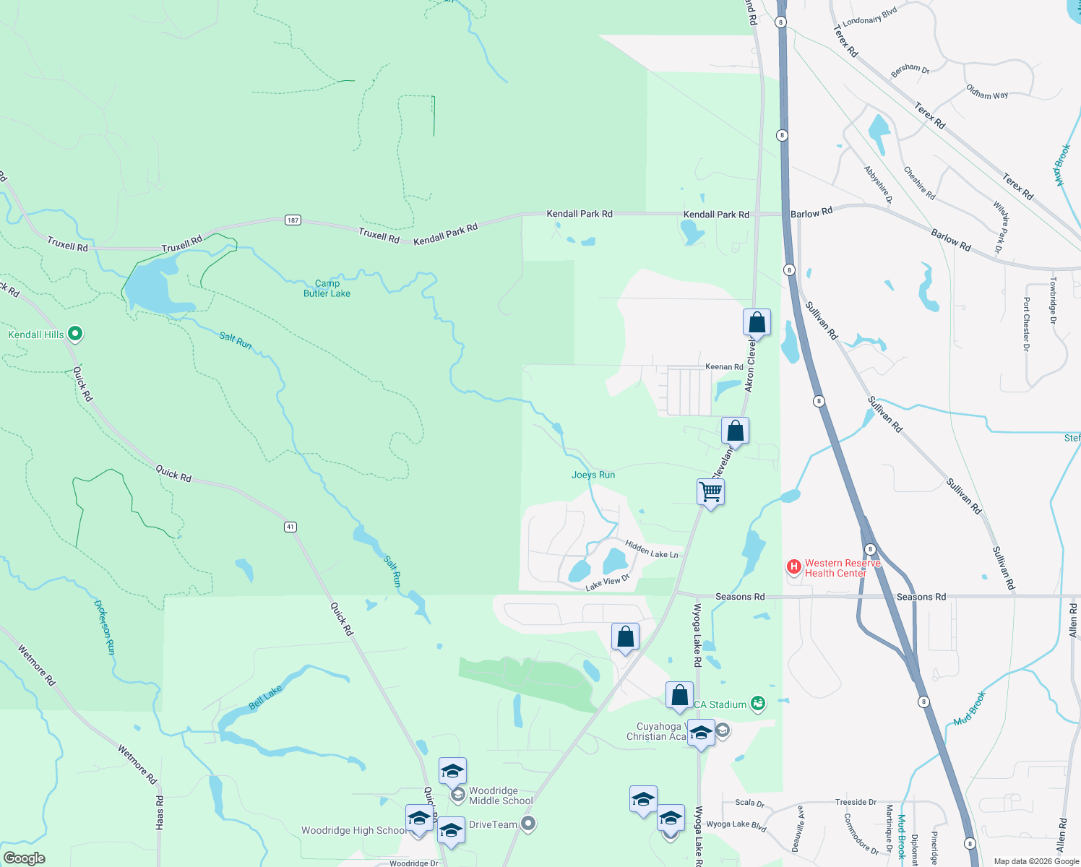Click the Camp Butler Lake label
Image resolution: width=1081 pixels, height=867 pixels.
click(x=327, y=288)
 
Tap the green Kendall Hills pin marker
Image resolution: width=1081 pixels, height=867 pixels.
click(x=75, y=334)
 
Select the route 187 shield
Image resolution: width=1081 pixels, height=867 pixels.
click(x=293, y=220)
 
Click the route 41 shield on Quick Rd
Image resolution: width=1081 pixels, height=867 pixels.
click(x=290, y=527)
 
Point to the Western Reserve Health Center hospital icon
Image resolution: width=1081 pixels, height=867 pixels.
click(x=794, y=567)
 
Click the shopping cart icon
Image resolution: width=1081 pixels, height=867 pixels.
click(x=710, y=492)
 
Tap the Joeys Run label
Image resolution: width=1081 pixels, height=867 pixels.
click(x=593, y=475)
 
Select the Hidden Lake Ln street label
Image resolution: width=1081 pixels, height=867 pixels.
click(x=652, y=550)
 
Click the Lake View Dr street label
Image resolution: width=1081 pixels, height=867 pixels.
click(x=608, y=582)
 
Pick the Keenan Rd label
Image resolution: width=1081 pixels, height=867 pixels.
click(x=724, y=367)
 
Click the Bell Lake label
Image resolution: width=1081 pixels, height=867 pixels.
click(x=265, y=698)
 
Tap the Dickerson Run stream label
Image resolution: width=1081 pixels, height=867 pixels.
click(x=105, y=627)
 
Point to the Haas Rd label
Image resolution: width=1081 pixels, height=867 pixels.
click(x=160, y=812)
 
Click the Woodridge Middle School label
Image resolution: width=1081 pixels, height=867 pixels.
click(x=501, y=795)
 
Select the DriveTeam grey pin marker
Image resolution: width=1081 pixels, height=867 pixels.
click(x=528, y=824)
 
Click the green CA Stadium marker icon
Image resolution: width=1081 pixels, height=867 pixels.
click(x=757, y=704)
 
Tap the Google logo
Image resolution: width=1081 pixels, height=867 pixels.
click(x=24, y=858)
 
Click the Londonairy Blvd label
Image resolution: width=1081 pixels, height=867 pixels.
click(x=870, y=17)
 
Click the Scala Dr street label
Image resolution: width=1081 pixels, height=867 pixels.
click(x=749, y=803)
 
